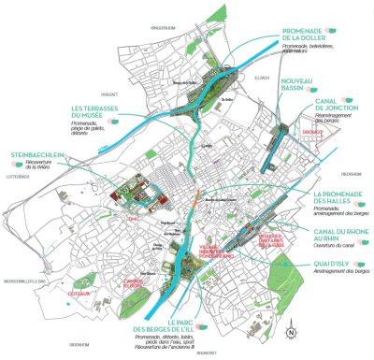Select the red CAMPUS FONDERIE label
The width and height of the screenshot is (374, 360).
pyautogui.click(x=132, y=280)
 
